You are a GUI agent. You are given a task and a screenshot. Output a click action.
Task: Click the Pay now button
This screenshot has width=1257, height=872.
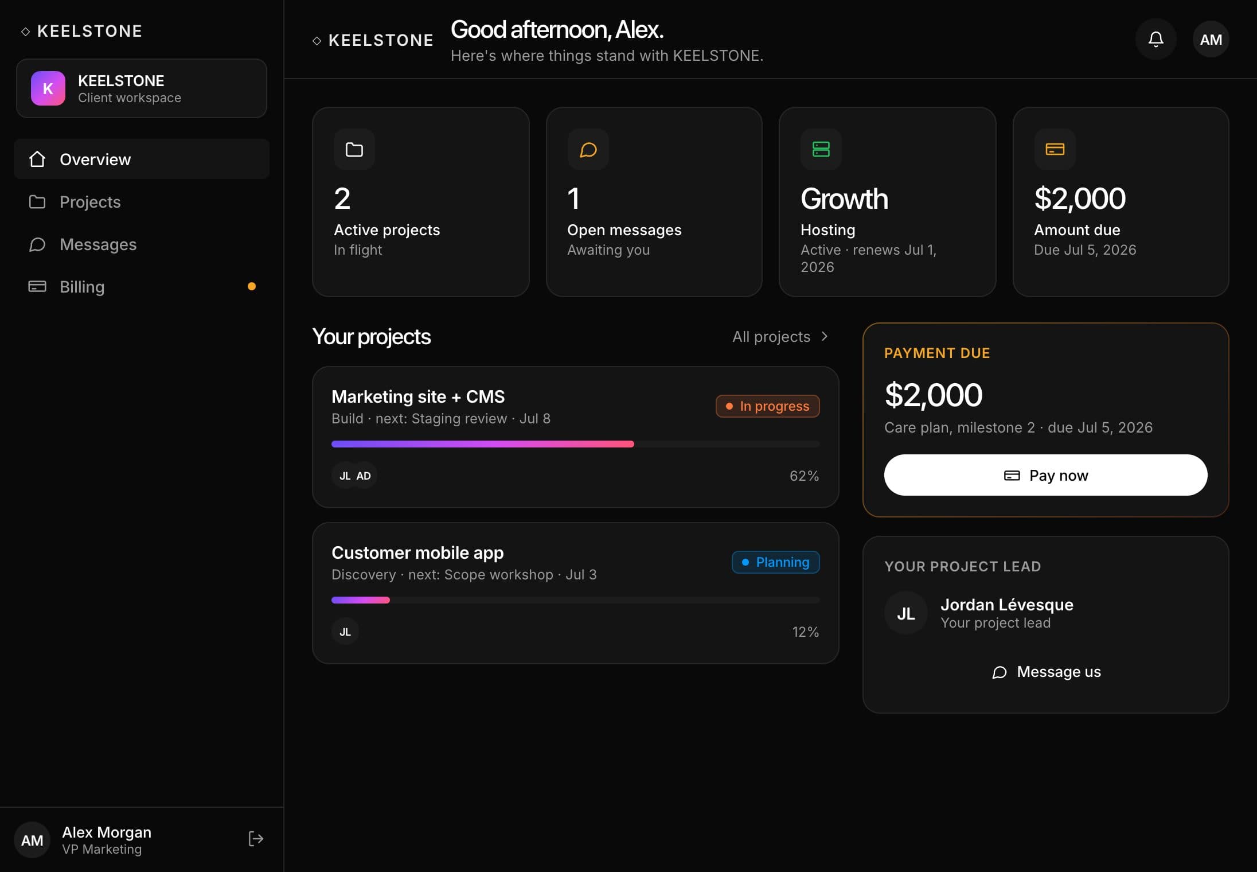coord(1045,475)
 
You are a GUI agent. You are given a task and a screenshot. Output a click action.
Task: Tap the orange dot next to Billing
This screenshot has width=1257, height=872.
coord(252,286)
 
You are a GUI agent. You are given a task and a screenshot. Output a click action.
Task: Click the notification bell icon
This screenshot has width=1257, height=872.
coord(1156,39)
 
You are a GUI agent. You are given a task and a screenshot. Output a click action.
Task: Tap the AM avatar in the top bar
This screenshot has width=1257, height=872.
coord(1211,39)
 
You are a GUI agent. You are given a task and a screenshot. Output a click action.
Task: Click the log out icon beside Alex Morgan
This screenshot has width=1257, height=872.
coord(256,839)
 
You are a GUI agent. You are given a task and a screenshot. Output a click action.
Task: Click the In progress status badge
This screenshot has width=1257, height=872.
coord(768,406)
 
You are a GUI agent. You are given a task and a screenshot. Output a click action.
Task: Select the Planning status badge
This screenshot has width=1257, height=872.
coord(776,562)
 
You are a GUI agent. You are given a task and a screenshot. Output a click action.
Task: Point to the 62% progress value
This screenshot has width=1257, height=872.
coord(804,476)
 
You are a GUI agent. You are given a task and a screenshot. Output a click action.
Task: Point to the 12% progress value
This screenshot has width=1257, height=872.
coord(805,632)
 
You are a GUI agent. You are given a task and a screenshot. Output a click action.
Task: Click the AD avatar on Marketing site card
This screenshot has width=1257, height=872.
coord(364,476)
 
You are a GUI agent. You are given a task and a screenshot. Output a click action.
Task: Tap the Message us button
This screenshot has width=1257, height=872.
coord(1046,672)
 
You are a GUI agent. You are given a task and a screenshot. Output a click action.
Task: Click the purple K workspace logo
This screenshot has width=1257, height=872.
coord(48,88)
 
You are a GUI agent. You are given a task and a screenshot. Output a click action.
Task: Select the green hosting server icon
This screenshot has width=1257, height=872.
coord(821,149)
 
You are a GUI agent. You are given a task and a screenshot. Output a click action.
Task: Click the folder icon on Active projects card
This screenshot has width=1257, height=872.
coord(354,149)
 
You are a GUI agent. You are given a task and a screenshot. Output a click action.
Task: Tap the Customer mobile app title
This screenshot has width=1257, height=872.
coord(417,552)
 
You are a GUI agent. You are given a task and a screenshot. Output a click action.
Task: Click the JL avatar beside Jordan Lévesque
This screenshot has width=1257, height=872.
coord(906,613)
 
